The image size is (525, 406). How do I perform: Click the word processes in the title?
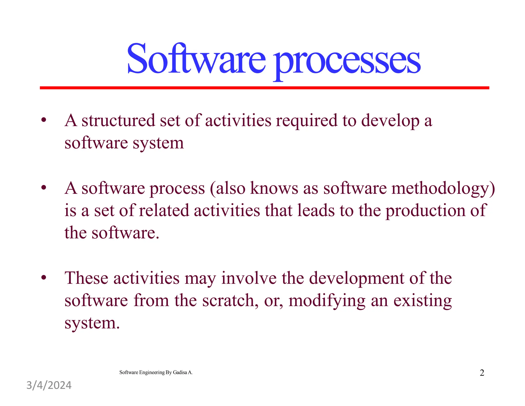[347, 62]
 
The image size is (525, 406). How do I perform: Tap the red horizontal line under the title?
[264, 88]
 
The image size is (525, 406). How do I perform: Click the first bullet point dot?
[44, 120]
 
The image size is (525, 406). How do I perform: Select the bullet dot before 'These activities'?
[44, 277]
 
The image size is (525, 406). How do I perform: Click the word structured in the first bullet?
[118, 120]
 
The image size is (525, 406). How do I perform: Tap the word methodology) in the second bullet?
[443, 189]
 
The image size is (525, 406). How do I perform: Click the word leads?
[316, 210]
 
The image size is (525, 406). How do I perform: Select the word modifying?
[327, 301]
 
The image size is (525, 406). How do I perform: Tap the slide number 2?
[482, 373]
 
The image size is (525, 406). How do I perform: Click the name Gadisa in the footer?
[180, 372]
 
